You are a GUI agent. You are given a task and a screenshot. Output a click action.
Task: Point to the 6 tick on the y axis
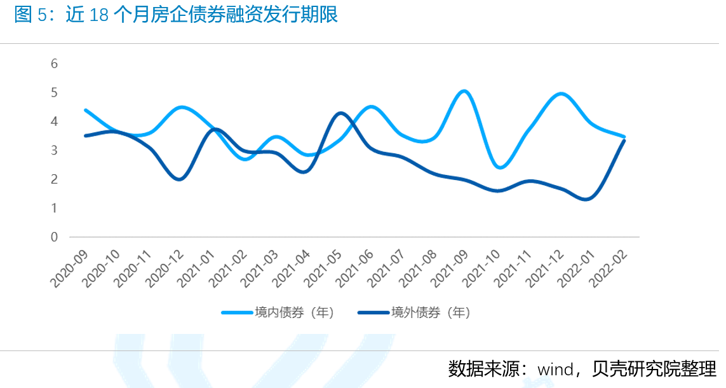(x=55, y=64)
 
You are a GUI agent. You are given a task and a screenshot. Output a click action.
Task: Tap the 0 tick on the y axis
(x=55, y=237)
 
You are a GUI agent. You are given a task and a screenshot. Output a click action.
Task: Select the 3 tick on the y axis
(x=55, y=150)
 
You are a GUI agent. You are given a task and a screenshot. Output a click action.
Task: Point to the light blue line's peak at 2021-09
(x=465, y=92)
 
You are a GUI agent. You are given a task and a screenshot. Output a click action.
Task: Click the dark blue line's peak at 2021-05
(x=341, y=113)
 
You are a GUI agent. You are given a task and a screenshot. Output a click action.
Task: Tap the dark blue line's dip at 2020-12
(x=180, y=179)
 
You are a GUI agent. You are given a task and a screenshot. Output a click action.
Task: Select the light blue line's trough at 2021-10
(x=500, y=167)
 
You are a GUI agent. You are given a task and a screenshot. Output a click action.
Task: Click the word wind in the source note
(x=557, y=369)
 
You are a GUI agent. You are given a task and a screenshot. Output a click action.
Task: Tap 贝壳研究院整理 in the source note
(x=654, y=368)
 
